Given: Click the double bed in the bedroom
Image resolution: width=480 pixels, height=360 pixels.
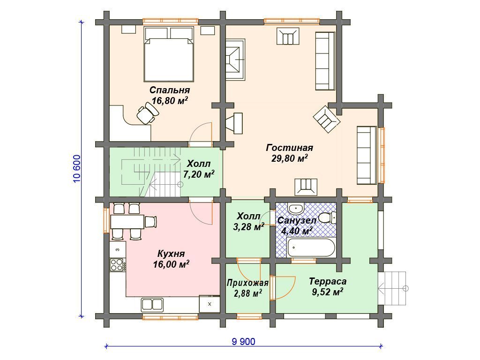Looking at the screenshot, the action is [169, 54].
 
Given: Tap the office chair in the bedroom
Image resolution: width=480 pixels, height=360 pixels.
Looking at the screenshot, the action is [148, 113].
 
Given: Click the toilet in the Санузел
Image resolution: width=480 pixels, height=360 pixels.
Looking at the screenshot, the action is [327, 218].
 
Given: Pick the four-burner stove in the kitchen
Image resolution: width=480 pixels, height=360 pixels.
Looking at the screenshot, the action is [117, 265].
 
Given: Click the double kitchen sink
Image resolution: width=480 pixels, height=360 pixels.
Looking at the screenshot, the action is [152, 305].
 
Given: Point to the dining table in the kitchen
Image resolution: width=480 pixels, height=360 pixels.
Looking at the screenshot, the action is [127, 222].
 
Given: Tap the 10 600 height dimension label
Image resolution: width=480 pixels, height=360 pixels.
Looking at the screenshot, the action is [77, 169].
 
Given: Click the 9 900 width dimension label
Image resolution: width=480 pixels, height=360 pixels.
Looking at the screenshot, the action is [243, 341].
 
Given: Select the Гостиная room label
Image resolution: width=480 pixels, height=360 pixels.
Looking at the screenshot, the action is [289, 148].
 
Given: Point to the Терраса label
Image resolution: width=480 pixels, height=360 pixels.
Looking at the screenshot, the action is [328, 281].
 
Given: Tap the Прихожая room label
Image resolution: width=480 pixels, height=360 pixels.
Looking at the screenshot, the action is [247, 283].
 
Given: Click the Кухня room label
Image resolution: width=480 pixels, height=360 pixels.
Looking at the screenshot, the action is [171, 254].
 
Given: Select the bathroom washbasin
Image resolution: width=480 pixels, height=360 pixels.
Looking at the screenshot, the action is [296, 209].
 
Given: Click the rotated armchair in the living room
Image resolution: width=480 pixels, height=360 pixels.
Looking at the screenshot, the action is [327, 119].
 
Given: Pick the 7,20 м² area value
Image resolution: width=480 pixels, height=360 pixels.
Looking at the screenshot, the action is [198, 174].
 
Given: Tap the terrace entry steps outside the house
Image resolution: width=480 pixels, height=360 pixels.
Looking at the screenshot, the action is [392, 288].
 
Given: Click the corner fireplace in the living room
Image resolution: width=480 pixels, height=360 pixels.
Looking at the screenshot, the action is [235, 60].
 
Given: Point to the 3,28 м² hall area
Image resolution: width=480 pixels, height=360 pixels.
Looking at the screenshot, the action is [248, 227].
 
